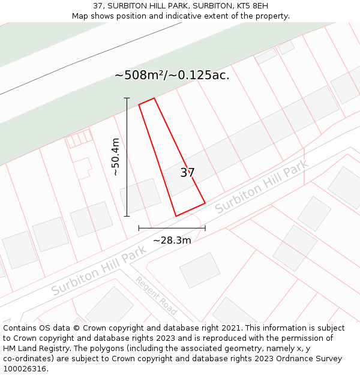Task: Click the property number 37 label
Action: (x=187, y=173)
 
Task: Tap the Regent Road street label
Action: (x=156, y=296)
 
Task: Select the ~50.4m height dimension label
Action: (x=116, y=157)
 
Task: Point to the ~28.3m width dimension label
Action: (x=172, y=241)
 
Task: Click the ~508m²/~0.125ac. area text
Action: (x=172, y=76)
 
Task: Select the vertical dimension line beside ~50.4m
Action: (x=127, y=157)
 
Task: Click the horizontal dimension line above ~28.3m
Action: (x=172, y=228)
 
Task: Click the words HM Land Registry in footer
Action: (x=31, y=349)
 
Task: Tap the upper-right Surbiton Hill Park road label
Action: (x=262, y=187)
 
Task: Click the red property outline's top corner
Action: (x=154, y=98)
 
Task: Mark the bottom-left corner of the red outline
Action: (x=176, y=216)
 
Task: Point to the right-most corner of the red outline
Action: (x=205, y=203)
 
